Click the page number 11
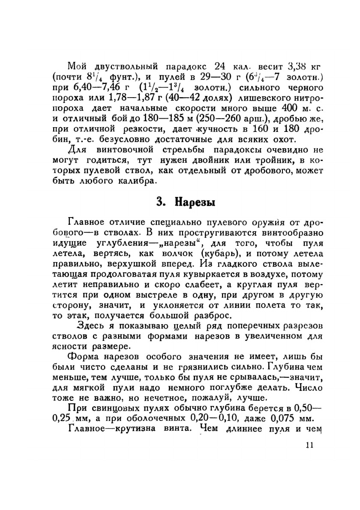tap(310, 445)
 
